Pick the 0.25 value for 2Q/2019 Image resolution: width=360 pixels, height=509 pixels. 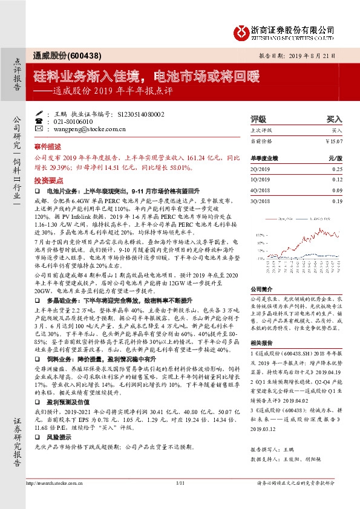[337, 170]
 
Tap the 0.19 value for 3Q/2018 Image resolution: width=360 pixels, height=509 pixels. [337, 200]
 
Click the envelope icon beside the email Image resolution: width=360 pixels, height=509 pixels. [39, 129]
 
